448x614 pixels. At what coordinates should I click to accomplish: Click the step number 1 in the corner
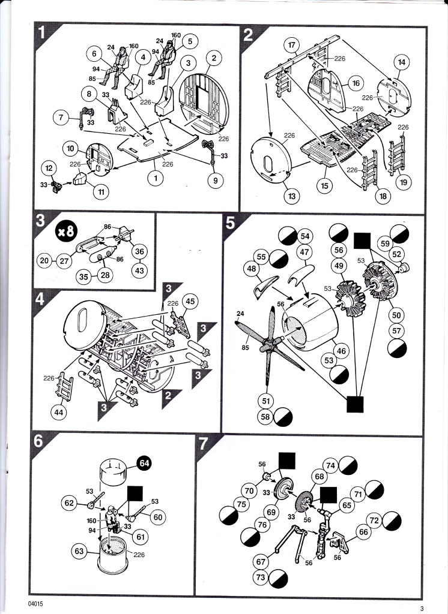click(42, 33)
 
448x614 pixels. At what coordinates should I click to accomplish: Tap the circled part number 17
click(291, 45)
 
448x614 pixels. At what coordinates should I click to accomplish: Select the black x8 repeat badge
click(66, 231)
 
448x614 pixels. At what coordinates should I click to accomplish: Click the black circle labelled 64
click(144, 463)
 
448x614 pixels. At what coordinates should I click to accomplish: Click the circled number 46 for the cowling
click(341, 350)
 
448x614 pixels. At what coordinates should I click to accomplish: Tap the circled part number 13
click(291, 196)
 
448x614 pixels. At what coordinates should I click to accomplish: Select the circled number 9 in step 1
click(216, 180)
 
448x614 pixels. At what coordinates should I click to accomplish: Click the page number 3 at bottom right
click(422, 609)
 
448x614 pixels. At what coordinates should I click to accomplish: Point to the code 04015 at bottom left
click(35, 603)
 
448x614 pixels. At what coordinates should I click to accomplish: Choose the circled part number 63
click(79, 551)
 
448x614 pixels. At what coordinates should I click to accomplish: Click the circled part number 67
click(261, 561)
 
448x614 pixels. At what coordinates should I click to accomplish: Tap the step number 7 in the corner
click(203, 444)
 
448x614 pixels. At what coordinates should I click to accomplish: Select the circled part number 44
click(59, 412)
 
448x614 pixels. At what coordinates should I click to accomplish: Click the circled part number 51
click(265, 401)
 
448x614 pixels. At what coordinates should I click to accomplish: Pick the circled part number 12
click(49, 168)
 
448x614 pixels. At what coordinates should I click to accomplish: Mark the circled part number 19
click(404, 182)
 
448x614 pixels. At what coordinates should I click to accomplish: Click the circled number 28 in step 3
click(105, 275)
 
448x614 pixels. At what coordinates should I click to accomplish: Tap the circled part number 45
click(190, 302)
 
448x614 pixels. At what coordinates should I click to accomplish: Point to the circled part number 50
click(396, 315)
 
